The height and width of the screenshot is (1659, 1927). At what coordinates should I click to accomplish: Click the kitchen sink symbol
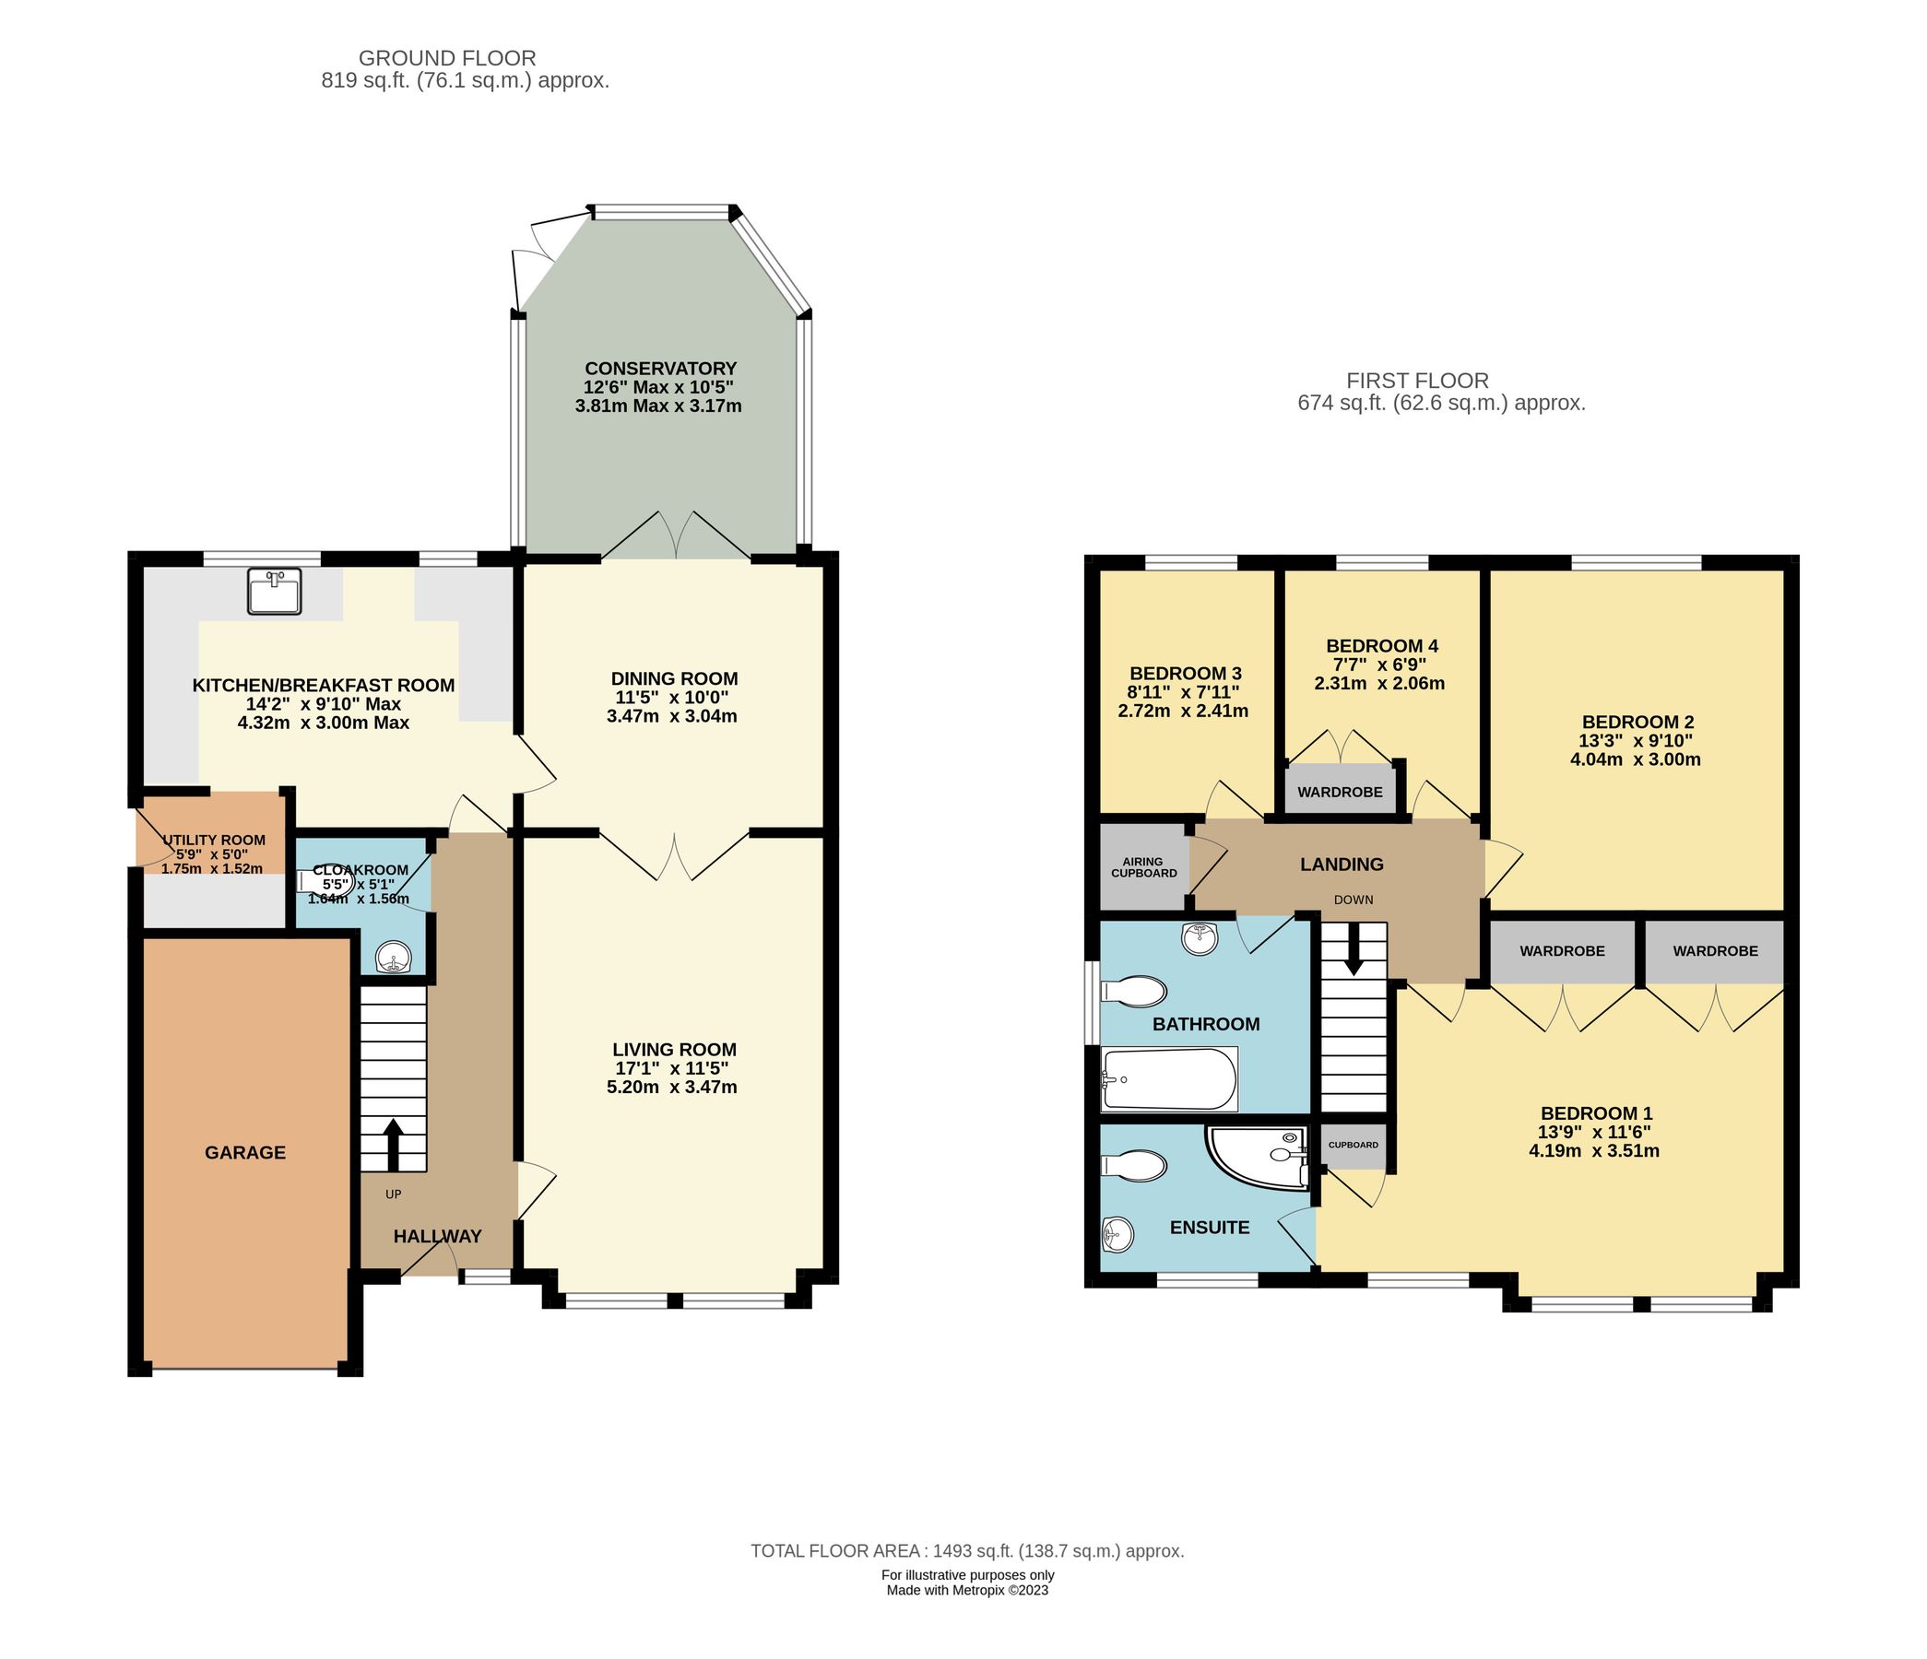(x=275, y=592)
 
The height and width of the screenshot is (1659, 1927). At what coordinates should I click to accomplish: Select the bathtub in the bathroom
(x=1169, y=1078)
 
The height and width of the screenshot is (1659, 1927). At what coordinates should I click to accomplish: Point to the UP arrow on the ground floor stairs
(x=393, y=1145)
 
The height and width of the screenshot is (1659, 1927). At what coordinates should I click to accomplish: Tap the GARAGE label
(x=244, y=1152)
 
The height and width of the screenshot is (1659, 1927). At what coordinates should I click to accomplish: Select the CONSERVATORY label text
(x=660, y=369)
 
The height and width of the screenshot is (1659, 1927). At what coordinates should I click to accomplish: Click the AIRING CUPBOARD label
(x=1143, y=866)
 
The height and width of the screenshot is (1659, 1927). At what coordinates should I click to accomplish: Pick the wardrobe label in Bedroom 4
(x=1341, y=793)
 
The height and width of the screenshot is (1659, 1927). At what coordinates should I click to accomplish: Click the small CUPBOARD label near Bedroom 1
(x=1354, y=1144)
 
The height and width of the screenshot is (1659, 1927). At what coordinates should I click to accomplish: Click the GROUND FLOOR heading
(x=447, y=59)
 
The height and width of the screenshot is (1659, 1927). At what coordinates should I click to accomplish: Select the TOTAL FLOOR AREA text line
(x=967, y=1551)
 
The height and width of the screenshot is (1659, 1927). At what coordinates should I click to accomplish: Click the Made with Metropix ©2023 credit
(x=967, y=1590)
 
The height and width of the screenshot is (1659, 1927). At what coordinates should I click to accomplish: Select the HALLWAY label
(x=437, y=1236)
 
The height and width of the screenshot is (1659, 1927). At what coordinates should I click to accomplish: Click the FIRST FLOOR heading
(x=1417, y=381)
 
